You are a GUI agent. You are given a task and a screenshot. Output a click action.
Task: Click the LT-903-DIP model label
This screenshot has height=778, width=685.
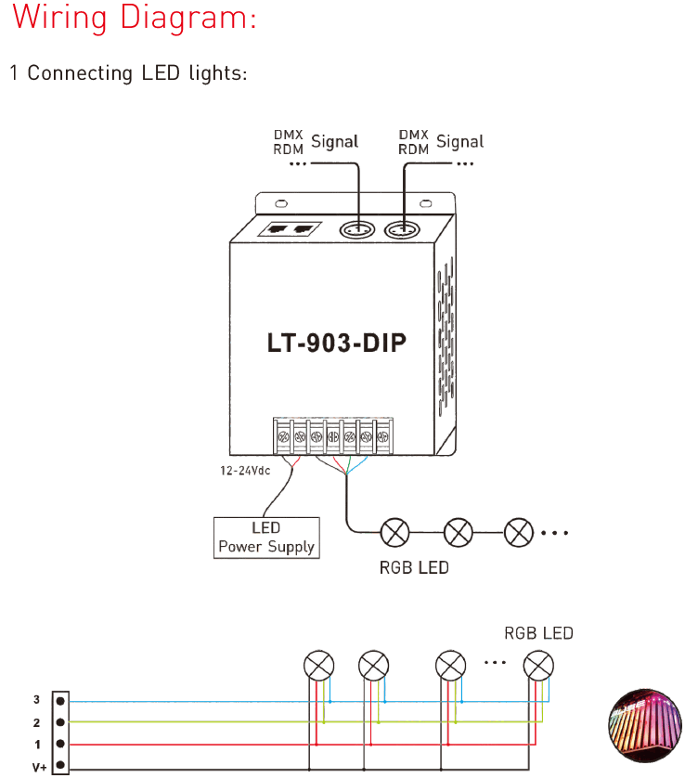[x=336, y=343]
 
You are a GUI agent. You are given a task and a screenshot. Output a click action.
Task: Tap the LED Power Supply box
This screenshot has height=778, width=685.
[x=266, y=538]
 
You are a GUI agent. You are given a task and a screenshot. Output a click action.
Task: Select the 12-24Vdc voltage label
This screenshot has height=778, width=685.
[x=245, y=471]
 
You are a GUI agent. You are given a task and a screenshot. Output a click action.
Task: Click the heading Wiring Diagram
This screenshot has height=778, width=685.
[x=134, y=18]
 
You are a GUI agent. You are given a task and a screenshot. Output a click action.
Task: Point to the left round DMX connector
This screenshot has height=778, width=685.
[x=357, y=229]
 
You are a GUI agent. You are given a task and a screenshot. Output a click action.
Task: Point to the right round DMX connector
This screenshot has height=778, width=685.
[x=402, y=229]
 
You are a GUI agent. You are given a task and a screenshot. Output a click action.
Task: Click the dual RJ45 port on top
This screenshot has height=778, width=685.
[x=291, y=228]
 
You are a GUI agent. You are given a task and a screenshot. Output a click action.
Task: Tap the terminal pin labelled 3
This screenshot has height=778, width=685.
[x=60, y=701]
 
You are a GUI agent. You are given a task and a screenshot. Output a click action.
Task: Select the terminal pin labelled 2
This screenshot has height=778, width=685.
[x=60, y=722]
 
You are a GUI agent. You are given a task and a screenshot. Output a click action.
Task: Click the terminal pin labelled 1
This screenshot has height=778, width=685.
[x=60, y=744]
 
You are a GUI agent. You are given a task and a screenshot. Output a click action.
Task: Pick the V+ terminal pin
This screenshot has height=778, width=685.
[x=60, y=765]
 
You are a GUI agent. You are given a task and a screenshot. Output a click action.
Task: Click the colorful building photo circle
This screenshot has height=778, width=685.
[x=645, y=725]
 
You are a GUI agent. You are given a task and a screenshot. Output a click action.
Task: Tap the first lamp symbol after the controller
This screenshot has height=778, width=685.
[x=394, y=533]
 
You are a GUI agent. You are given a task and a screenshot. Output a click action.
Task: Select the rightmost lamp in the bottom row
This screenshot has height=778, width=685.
[x=538, y=666]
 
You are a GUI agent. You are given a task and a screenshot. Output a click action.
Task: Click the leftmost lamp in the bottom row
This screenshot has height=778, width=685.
[x=319, y=666]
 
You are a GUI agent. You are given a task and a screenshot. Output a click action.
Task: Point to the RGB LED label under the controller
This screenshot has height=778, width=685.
[x=414, y=567]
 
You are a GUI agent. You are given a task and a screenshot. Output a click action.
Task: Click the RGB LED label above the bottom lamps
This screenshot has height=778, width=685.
[x=538, y=633]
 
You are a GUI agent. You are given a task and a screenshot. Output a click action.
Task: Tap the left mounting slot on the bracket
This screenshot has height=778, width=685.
[x=281, y=203]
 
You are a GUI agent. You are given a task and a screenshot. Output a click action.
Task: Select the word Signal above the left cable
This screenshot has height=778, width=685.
[x=335, y=142]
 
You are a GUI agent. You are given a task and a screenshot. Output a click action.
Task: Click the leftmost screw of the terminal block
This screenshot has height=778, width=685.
[x=284, y=437]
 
